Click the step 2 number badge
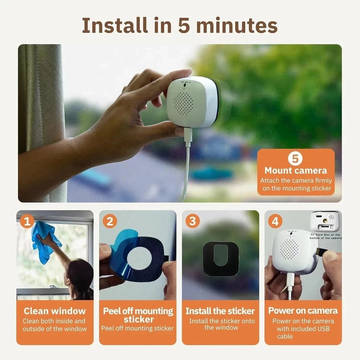point(110,221)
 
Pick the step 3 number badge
point(193,221)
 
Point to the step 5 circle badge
point(295,159)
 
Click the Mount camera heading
point(296,171)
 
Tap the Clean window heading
point(55,311)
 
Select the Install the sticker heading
point(220,311)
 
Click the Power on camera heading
point(303,311)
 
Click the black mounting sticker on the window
point(221,258)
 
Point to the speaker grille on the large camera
point(185,103)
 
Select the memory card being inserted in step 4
point(320,252)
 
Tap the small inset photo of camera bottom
point(325,221)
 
